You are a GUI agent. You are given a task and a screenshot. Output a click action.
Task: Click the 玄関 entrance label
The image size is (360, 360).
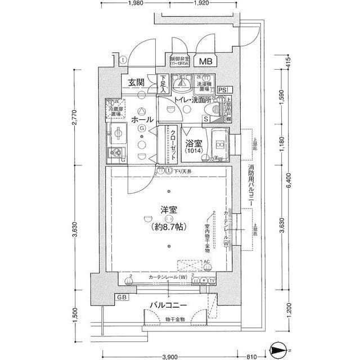tap(136, 83)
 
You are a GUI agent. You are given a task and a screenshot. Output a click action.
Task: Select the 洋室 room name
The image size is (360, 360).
tap(169, 210)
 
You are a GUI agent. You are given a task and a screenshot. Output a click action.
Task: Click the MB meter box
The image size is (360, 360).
tap(205, 61)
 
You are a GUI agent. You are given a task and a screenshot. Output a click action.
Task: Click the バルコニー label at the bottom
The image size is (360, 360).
tap(168, 305)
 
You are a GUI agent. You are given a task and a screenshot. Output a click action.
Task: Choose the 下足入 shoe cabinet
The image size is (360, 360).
tap(163, 84)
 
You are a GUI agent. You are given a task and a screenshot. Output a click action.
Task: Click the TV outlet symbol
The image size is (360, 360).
tap(212, 281)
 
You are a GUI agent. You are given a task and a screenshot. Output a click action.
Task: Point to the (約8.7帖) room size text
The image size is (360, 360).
tap(169, 228)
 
